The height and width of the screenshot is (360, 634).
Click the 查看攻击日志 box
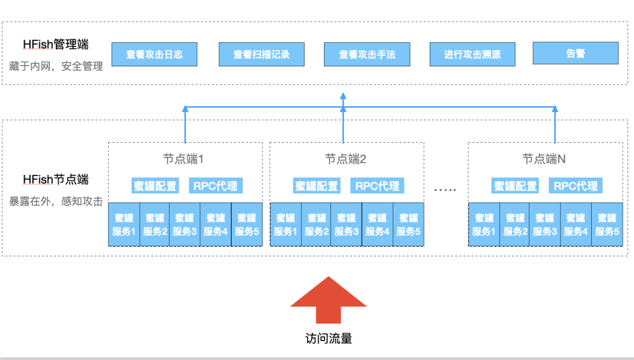pyautogui.click(x=154, y=54)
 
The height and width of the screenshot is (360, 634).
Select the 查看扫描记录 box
pyautogui.click(x=261, y=54)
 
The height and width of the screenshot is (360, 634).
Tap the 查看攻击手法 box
pyautogui.click(x=367, y=54)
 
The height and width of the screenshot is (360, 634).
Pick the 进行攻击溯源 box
pyautogui.click(x=472, y=54)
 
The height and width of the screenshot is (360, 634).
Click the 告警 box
pyautogui.click(x=575, y=53)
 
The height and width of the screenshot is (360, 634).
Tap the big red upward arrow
pyautogui.click(x=328, y=299)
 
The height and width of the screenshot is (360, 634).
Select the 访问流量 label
pyautogui.click(x=329, y=339)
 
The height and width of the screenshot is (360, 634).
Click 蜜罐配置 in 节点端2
pyautogui.click(x=316, y=186)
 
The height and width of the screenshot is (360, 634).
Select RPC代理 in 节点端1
pyautogui.click(x=215, y=186)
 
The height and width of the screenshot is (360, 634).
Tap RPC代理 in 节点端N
pyautogui.click(x=576, y=186)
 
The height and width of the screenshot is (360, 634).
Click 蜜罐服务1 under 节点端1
pyautogui.click(x=124, y=224)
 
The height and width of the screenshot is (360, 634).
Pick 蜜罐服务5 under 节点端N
pyautogui.click(x=607, y=224)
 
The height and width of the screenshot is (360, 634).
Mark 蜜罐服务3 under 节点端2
pyautogui.click(x=346, y=224)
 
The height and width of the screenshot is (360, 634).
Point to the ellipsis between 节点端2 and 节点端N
pyautogui.click(x=444, y=189)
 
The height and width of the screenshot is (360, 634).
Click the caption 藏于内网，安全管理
pyautogui.click(x=56, y=66)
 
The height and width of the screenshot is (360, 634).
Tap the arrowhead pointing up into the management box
pyautogui.click(x=343, y=96)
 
